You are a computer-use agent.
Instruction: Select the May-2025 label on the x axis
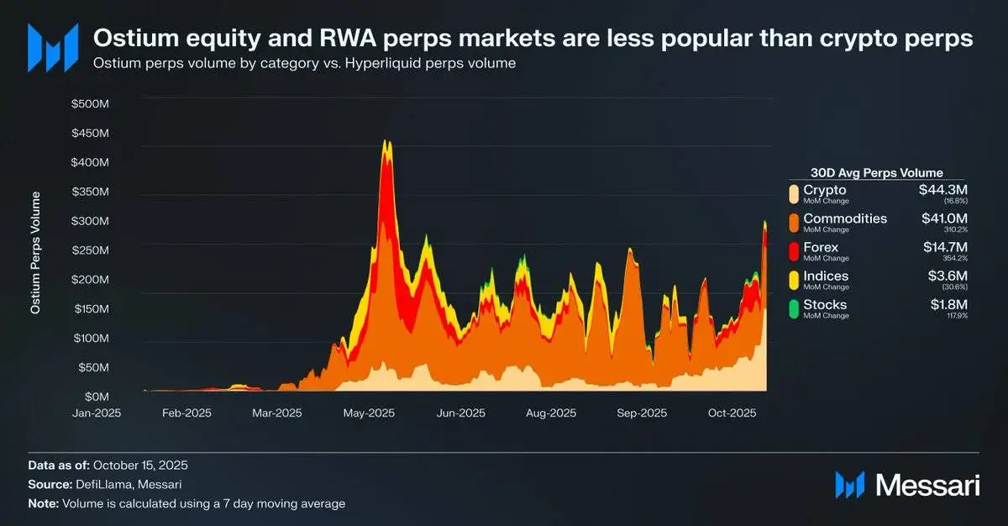click(370, 413)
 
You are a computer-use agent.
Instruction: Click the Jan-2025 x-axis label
click(98, 413)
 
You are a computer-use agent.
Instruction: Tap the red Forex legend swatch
click(794, 251)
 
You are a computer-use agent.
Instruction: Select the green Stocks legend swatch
click(794, 308)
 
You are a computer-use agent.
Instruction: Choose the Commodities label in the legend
click(845, 218)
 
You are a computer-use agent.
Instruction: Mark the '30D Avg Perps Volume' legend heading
click(878, 172)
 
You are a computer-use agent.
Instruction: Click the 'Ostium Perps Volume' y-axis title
click(35, 252)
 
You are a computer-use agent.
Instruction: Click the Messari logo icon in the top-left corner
click(53, 46)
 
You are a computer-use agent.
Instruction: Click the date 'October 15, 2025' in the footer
click(140, 465)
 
